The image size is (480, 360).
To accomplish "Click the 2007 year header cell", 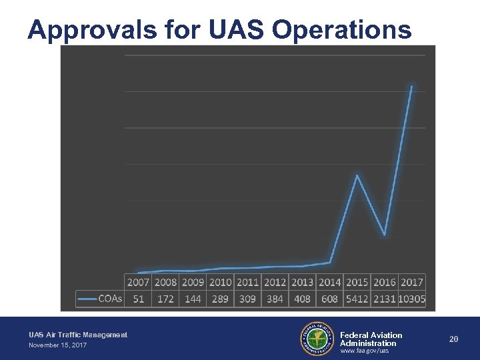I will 138,282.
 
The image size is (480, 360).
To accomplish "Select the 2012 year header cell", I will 275,282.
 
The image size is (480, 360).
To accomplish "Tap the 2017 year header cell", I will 412,282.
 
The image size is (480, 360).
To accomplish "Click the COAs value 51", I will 138,299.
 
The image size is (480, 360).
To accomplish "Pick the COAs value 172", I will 165,299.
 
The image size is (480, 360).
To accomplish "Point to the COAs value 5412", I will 357,299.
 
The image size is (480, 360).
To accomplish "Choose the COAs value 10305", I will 412,299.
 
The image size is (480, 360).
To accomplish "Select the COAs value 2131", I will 384,299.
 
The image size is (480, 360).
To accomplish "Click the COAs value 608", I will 329,299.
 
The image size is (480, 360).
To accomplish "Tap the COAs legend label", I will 110,299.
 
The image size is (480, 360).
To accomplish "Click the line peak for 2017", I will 411,86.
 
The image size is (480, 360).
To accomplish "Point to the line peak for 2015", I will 357,175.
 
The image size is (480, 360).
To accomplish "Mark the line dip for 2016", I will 384,235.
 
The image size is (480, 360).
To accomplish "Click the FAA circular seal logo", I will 317,339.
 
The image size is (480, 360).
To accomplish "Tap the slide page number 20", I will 453,339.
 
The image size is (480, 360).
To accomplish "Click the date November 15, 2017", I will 57,345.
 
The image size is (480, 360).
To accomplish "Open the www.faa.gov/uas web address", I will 364,350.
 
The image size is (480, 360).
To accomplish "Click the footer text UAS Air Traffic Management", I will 78,335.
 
